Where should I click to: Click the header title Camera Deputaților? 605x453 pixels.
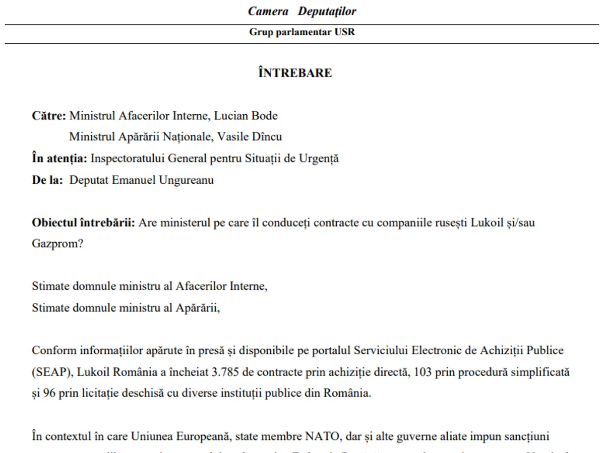coord(302,12)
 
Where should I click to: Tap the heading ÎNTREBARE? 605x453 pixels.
coord(295,73)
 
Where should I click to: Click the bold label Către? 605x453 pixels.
coord(49,116)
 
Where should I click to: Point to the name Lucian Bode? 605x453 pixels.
coord(246,116)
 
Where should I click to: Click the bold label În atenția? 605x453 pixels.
coord(60,159)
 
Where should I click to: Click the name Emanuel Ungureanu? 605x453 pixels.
coord(167,180)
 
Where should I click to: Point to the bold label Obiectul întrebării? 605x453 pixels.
coord(84,222)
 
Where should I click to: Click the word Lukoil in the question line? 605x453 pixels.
coord(487,222)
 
